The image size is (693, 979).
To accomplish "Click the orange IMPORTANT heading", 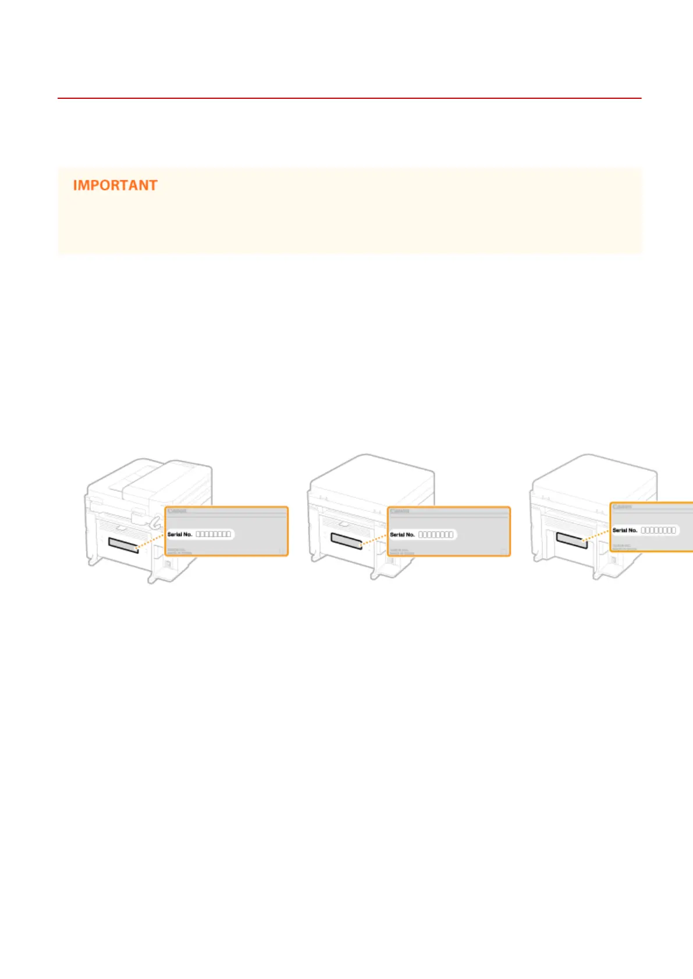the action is click(x=115, y=185).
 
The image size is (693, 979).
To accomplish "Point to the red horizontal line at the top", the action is click(x=349, y=98).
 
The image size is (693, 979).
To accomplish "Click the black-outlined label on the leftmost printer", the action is click(x=123, y=545).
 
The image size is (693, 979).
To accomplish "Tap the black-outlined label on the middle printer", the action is click(x=346, y=539).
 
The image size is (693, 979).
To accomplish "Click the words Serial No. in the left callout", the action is click(x=180, y=534).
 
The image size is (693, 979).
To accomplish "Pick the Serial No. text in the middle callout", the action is click(x=402, y=535).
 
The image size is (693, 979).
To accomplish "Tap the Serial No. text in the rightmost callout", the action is click(x=624, y=530).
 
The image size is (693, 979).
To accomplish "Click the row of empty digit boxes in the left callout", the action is click(x=213, y=534).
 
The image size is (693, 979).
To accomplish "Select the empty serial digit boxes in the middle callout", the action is click(x=436, y=535).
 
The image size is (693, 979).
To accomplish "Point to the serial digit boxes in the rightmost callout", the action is click(x=658, y=530).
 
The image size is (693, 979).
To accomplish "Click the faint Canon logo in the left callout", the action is click(x=177, y=511).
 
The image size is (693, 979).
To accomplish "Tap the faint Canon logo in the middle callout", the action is click(x=400, y=511).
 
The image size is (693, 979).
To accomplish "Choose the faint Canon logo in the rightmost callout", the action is click(x=622, y=507).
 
